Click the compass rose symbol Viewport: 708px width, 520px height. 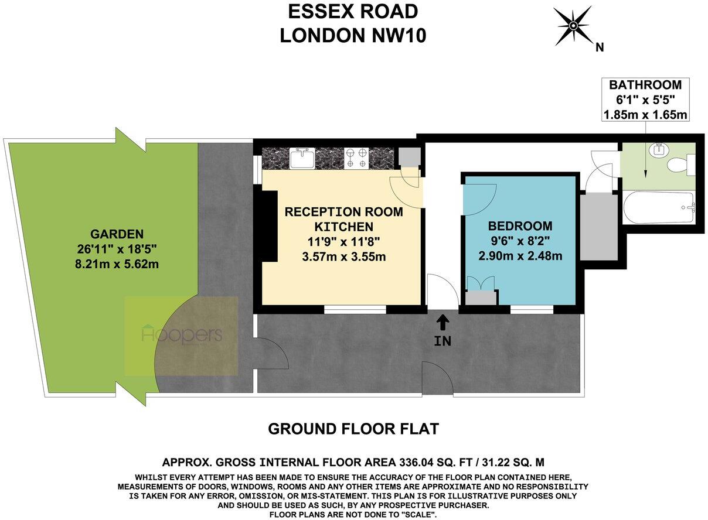573,26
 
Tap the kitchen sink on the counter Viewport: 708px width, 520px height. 303,157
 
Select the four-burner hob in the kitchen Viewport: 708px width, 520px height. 356,157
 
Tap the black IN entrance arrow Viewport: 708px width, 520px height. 443,321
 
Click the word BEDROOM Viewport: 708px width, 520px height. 520,226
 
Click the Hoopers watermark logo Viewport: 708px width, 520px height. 182,335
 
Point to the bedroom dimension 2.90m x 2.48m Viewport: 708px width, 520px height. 520,256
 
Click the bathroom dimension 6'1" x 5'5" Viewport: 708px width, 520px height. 645,100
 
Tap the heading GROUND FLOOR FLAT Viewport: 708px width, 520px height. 353,429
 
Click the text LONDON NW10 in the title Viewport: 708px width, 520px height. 353,36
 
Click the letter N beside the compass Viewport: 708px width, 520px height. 599,47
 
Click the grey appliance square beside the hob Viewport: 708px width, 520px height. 409,156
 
